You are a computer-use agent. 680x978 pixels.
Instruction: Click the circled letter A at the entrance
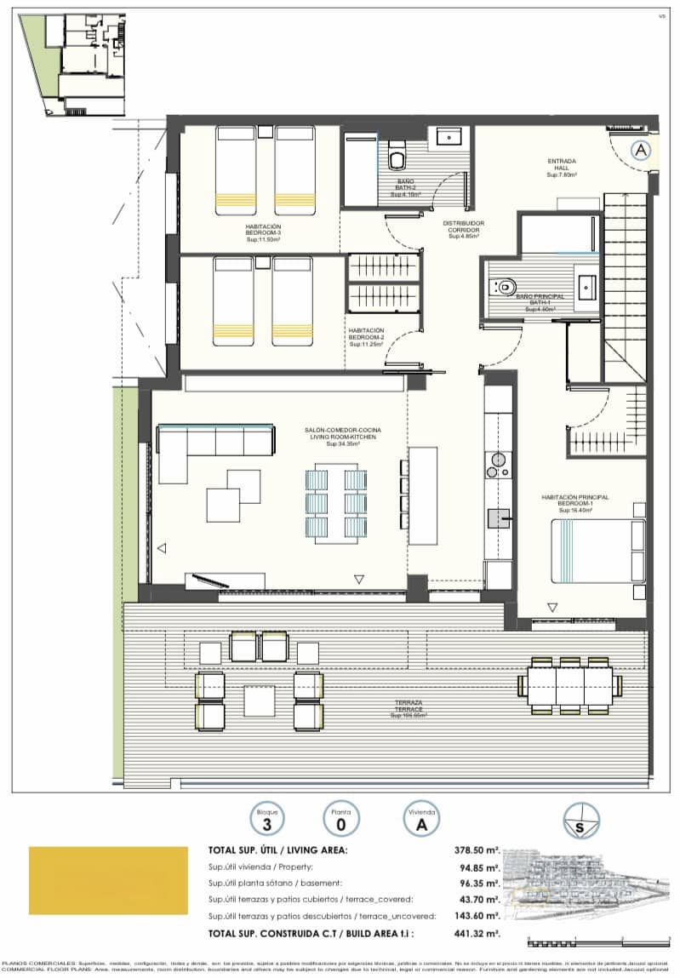pyautogui.click(x=641, y=151)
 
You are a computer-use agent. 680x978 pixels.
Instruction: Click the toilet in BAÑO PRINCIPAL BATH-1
pyautogui.click(x=506, y=289)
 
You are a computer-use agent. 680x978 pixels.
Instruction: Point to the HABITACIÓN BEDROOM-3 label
pyautogui.click(x=263, y=233)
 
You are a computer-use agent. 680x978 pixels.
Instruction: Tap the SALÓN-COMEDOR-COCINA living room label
pyautogui.click(x=342, y=437)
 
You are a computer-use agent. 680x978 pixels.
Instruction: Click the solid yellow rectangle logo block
pyautogui.click(x=108, y=880)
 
